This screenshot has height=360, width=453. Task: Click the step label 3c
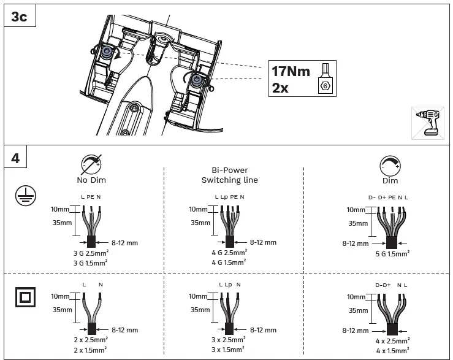pos(19,17)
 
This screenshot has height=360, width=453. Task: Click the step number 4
pos(15,158)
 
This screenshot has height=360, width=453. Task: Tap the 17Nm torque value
pos(291,72)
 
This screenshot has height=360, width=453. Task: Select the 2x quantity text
pos(281,88)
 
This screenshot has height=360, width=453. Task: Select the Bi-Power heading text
pos(230,170)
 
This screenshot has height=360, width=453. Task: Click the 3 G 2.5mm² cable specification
pos(91,252)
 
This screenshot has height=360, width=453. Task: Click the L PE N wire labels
pos(91,196)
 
